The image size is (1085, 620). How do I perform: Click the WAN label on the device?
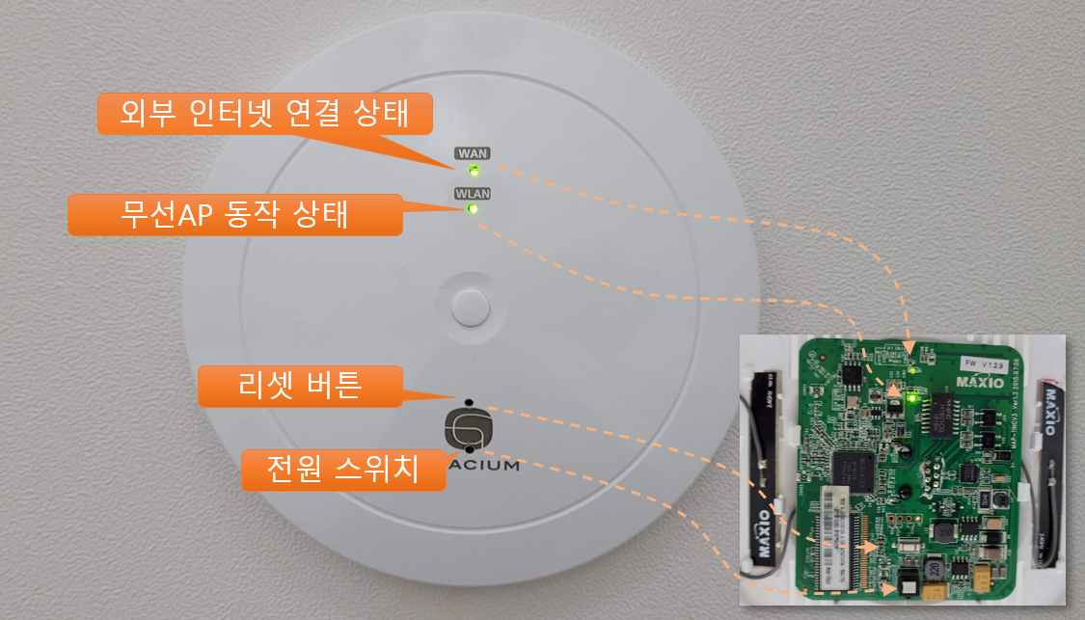pos(473,153)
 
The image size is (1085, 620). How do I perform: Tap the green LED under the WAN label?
pos(474,172)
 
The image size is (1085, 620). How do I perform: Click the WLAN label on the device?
pos(473,193)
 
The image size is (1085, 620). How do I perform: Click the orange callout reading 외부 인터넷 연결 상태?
pos(265,114)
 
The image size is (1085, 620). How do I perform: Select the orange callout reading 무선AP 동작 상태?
pos(234,214)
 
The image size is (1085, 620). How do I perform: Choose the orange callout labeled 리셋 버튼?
pos(299,387)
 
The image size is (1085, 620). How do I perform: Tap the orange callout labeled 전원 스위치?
pos(342,470)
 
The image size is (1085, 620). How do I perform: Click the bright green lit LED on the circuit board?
pos(911,398)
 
